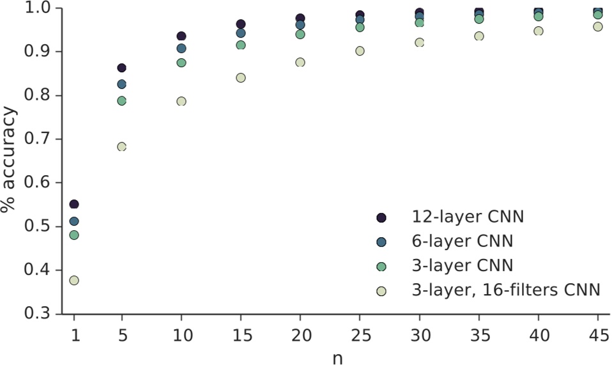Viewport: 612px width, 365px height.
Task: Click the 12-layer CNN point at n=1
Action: click(74, 204)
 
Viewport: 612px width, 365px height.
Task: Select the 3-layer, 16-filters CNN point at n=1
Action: click(74, 280)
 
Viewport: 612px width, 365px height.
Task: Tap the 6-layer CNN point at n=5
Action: click(121, 84)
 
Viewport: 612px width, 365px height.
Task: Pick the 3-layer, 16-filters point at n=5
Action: click(121, 146)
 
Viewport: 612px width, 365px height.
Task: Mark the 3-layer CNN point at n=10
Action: click(181, 63)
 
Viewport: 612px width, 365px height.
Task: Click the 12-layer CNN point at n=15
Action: click(241, 24)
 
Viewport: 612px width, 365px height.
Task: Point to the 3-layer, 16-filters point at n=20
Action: click(300, 62)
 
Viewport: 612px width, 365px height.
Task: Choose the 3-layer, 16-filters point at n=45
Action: click(598, 27)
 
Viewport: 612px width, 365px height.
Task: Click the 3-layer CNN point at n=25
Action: click(360, 27)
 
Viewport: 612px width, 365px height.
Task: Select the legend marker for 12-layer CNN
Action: click(381, 218)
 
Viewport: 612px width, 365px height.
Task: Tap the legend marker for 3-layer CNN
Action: click(381, 266)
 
